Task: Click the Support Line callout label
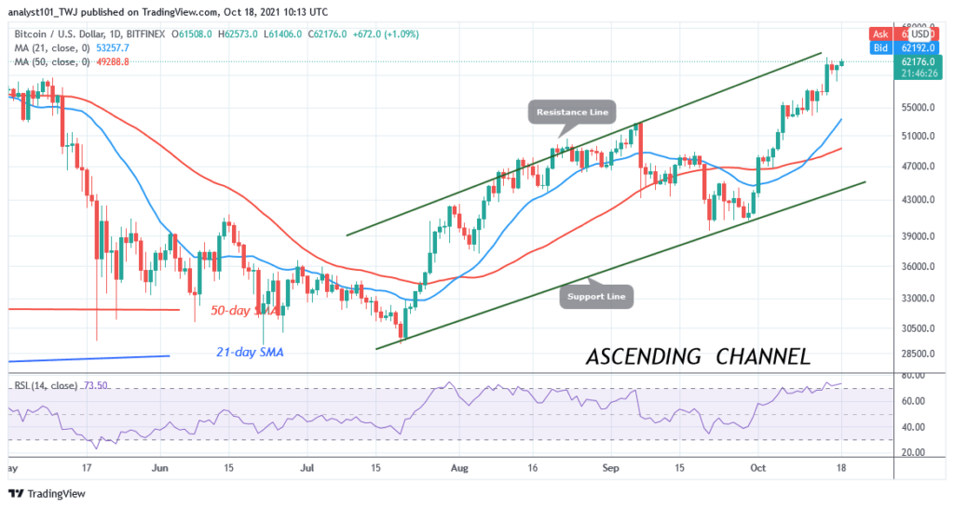(x=597, y=298)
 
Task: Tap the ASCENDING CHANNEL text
(x=698, y=356)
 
